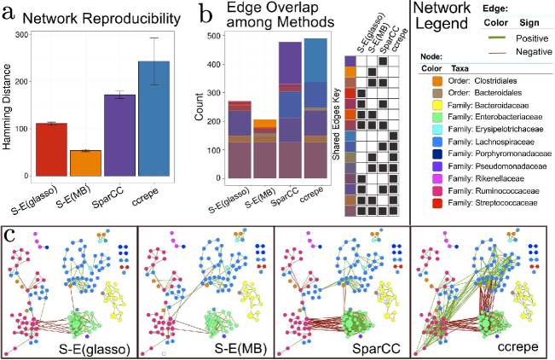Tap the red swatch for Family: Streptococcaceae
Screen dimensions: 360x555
click(424, 211)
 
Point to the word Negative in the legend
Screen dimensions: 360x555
click(531, 51)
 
